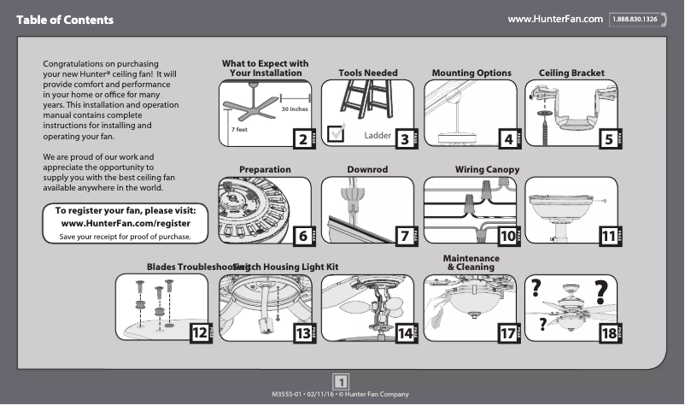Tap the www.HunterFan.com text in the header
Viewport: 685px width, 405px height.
point(555,19)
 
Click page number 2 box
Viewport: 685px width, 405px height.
point(302,138)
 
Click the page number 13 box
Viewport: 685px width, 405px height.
point(302,332)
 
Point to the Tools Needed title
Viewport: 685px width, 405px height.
point(367,73)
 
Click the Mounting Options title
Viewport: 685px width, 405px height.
point(471,73)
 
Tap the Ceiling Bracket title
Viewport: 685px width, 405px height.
point(571,73)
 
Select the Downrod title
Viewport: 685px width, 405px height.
point(367,170)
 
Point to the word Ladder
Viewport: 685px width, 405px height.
point(377,136)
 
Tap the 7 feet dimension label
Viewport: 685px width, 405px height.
point(239,128)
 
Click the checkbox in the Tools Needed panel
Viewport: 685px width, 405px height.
point(337,131)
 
